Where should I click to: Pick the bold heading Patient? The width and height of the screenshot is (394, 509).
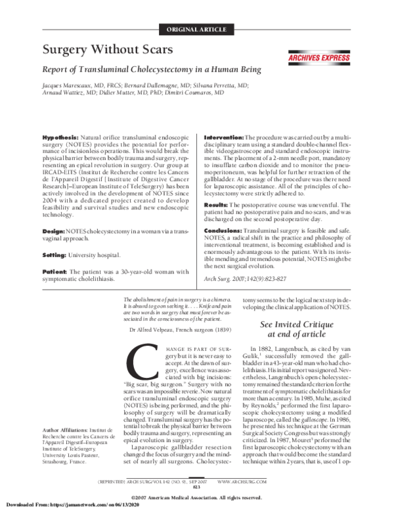point(56,235)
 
